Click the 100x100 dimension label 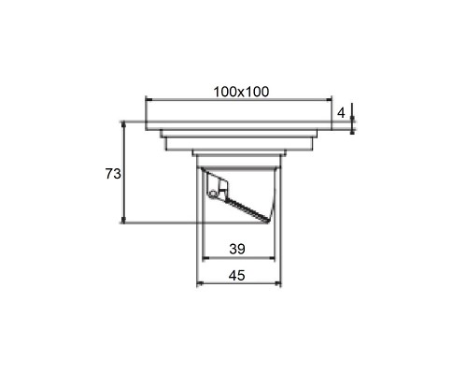click(241, 92)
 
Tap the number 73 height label click(113, 174)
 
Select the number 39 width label click(237, 249)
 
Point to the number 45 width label click(237, 276)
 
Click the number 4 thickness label click(341, 113)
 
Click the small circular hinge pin click(213, 194)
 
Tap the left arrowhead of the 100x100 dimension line click(149, 100)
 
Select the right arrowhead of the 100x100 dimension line click(328, 100)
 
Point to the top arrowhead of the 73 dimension click(123, 124)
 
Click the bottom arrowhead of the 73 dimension click(123, 220)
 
